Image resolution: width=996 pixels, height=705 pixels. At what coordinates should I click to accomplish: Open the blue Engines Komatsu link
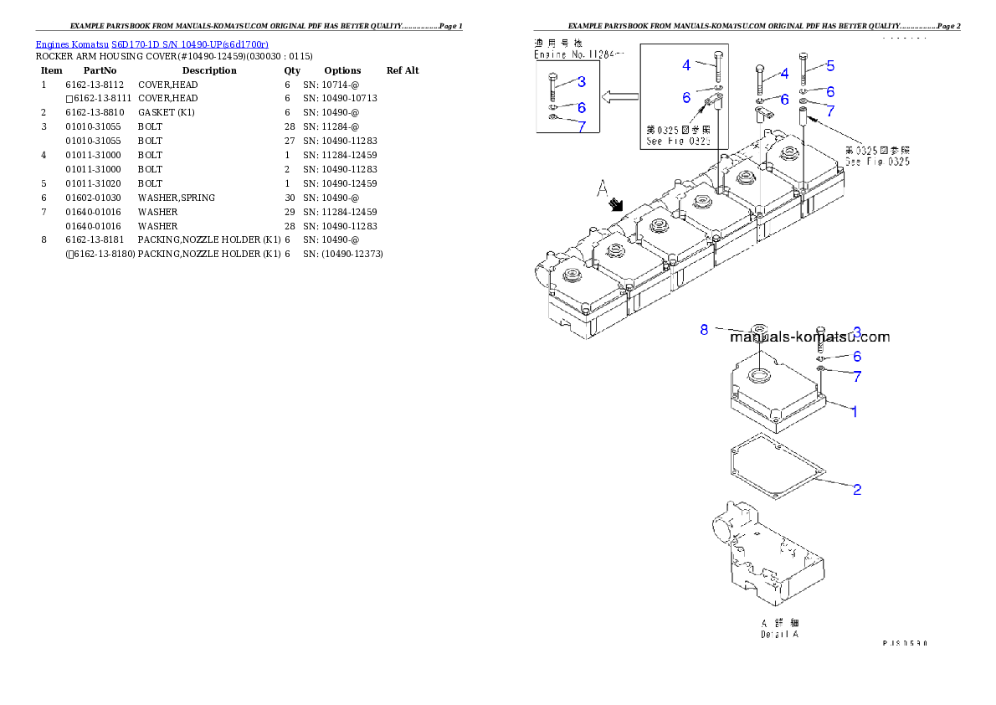tap(151, 44)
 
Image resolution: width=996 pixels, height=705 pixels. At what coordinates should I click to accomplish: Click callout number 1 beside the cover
tap(854, 412)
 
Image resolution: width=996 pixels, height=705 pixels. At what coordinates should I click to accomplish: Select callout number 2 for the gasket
tap(857, 489)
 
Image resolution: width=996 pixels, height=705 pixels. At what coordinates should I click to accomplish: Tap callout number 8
tap(705, 330)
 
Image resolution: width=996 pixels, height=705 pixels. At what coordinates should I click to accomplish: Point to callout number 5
tap(829, 65)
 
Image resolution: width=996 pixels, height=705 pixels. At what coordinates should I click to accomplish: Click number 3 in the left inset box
tap(581, 81)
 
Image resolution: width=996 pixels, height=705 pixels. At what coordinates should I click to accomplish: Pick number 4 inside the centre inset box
tap(686, 64)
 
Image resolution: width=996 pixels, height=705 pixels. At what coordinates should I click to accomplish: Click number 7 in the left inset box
tap(581, 126)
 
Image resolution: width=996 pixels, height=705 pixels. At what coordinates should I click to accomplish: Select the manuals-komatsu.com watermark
tap(809, 337)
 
